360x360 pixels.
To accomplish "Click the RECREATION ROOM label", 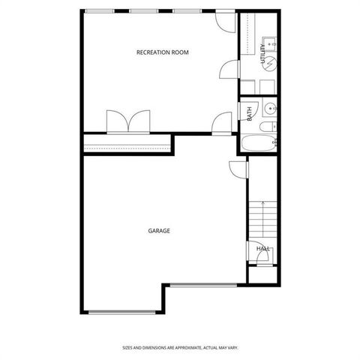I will (x=162, y=52).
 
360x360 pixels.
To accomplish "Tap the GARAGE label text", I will (x=159, y=231).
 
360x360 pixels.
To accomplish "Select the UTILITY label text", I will (x=263, y=55).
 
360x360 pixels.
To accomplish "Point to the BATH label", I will (x=250, y=115).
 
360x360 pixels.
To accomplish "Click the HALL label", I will (x=262, y=247).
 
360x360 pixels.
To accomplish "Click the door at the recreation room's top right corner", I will (x=223, y=20).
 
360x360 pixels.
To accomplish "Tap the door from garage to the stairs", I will (x=237, y=170).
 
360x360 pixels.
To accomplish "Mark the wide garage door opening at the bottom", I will (x=122, y=312).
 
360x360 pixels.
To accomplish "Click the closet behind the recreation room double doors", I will (x=127, y=143).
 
